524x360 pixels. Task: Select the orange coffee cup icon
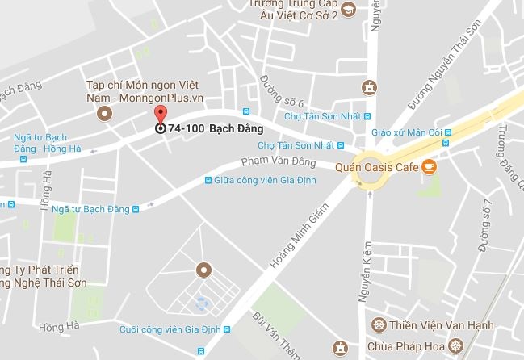(x=430, y=167)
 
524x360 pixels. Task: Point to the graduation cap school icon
(x=348, y=10)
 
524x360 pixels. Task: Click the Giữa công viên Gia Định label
(x=257, y=180)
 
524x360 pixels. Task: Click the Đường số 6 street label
(x=282, y=91)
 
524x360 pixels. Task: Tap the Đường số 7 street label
(x=484, y=225)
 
